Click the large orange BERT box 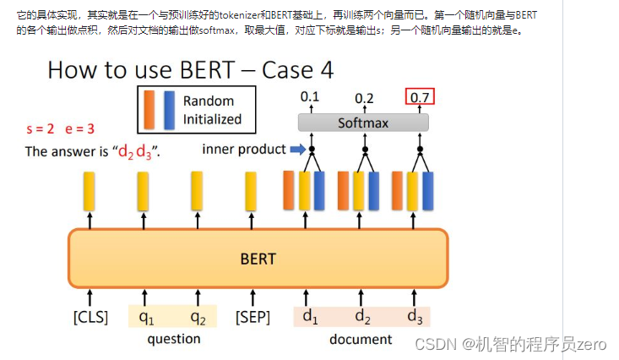point(258,258)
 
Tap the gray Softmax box point(363,123)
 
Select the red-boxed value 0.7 point(420,97)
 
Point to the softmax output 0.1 point(310,97)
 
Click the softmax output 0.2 point(365,97)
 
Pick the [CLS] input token point(90,317)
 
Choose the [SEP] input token point(252,317)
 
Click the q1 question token point(146,317)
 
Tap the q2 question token point(198,317)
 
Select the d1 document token point(309,317)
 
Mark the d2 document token point(362,317)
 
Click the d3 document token point(414,317)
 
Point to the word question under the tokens point(174,339)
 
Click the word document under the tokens point(361,339)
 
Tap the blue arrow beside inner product point(296,150)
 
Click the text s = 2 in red point(41,129)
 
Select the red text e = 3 point(80,129)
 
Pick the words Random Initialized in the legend point(212,110)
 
